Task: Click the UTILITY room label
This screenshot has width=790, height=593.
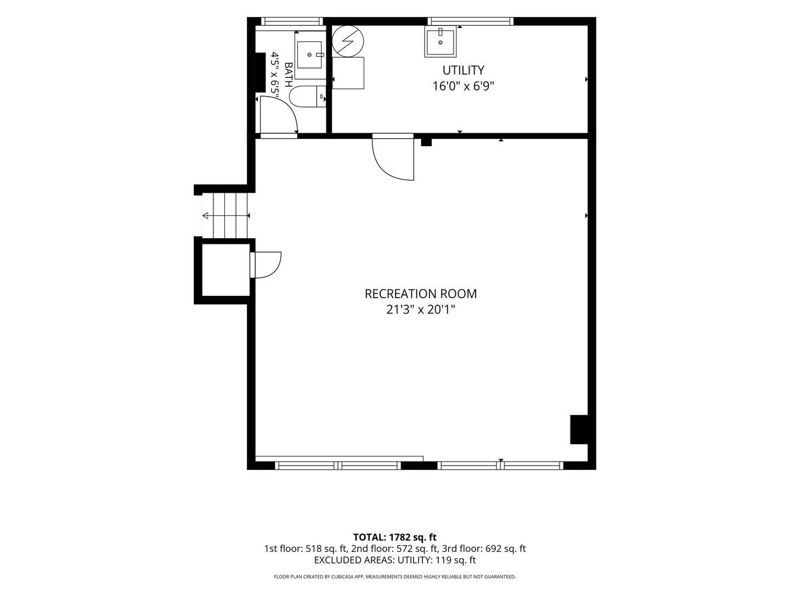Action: [463, 70]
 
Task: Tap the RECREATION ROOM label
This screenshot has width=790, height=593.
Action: [420, 294]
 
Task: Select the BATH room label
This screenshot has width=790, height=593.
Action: [288, 75]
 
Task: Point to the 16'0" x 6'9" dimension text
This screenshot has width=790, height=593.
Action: [463, 86]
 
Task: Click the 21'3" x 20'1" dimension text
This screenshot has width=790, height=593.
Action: [420, 310]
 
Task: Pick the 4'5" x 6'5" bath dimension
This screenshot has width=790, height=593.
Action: [275, 77]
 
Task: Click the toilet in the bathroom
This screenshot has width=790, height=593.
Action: [308, 97]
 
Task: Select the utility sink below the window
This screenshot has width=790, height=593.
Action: [440, 41]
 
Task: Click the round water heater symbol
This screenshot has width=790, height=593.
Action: [348, 41]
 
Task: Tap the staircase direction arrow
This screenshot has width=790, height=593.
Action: [226, 216]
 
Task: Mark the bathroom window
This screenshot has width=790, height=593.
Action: [292, 21]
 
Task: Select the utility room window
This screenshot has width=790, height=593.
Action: [470, 21]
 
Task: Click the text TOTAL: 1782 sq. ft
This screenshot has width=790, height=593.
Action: [395, 538]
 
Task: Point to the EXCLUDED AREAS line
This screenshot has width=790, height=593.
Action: [395, 560]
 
